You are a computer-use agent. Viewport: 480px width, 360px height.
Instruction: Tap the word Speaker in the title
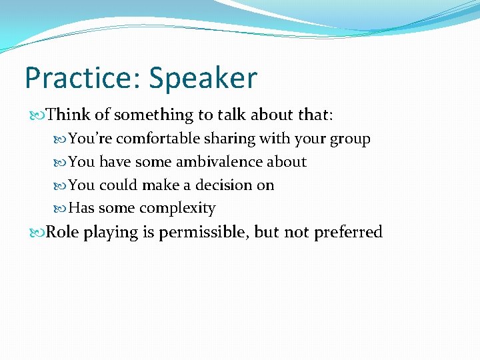(x=203, y=78)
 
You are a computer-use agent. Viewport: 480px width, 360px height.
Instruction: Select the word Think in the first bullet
(x=69, y=115)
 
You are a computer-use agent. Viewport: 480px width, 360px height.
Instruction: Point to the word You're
(x=91, y=139)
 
